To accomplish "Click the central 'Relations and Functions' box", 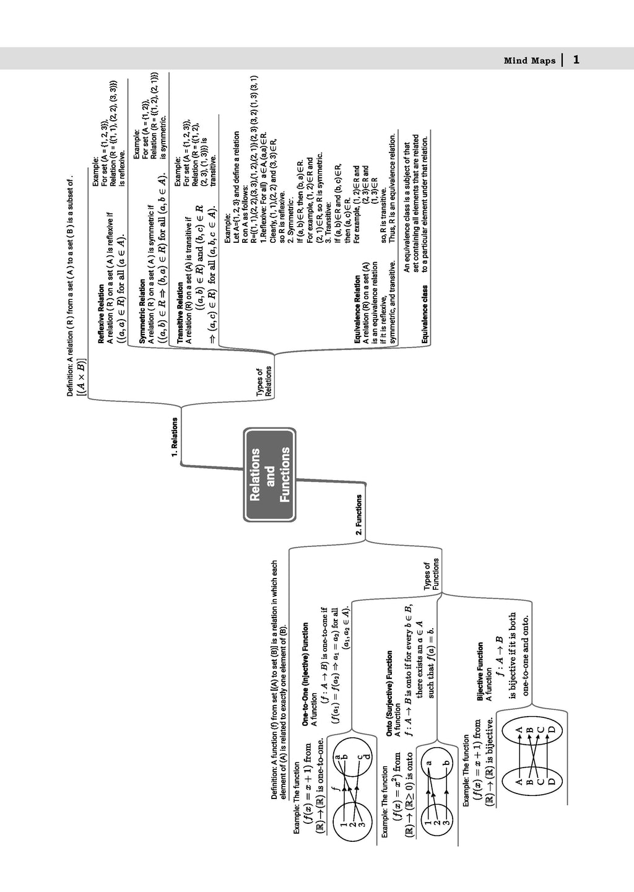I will point(269,474).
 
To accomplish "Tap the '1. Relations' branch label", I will point(175,437).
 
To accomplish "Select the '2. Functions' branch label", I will point(358,514).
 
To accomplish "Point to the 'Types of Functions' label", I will point(431,574).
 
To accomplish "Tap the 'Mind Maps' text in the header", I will point(524,61).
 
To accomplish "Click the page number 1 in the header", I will point(576,59).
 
